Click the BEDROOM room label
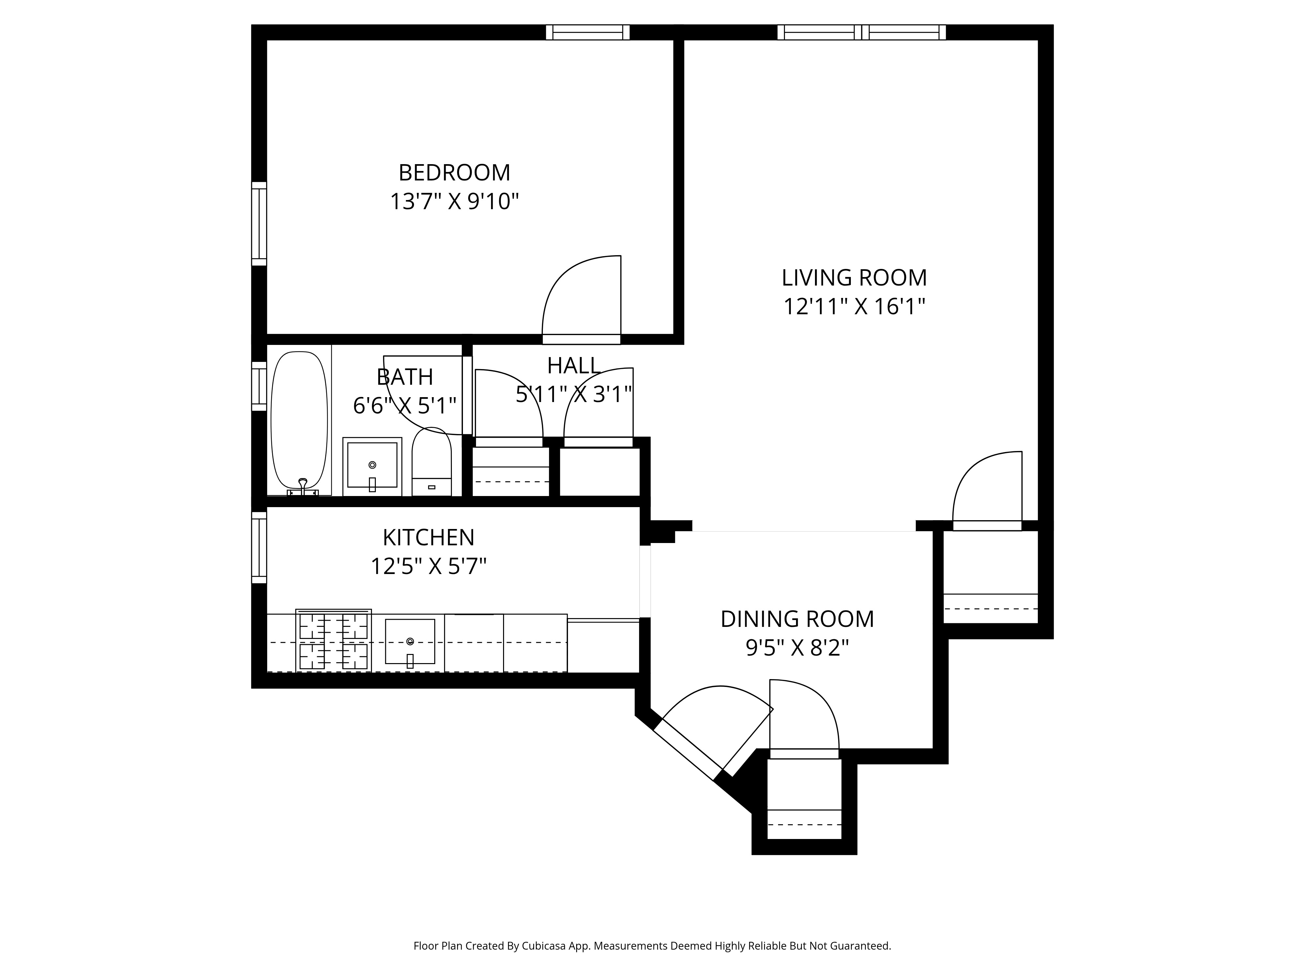(454, 173)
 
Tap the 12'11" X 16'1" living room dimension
(854, 307)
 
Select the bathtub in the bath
(299, 420)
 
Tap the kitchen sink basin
(410, 642)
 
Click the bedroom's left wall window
(259, 224)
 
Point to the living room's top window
(861, 32)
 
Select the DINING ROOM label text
(797, 619)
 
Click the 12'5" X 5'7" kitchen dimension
(428, 567)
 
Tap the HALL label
(574, 366)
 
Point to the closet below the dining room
(804, 800)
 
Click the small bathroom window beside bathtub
(259, 386)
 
